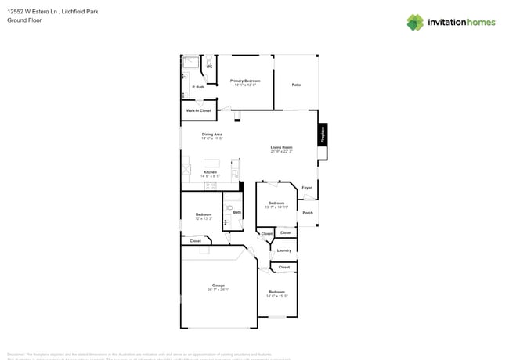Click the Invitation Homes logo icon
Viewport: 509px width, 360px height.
click(415, 22)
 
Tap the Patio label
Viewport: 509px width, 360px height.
click(296, 85)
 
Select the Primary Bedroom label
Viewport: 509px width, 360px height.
click(245, 81)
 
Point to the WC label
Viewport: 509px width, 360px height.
click(209, 67)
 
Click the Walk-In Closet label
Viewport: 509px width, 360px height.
click(198, 110)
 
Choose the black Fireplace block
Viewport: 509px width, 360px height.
click(322, 135)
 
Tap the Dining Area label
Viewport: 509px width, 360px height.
click(212, 135)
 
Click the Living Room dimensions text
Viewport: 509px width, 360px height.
click(281, 152)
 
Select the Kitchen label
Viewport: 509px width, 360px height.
click(210, 171)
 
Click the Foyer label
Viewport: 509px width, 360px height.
click(307, 188)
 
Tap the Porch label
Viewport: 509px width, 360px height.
click(308, 212)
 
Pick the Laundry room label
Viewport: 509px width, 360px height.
click(283, 250)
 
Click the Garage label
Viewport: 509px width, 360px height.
click(218, 285)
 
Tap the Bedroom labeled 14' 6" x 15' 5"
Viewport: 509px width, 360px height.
click(276, 292)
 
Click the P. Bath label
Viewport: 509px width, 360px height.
click(199, 87)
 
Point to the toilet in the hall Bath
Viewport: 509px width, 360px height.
click(227, 212)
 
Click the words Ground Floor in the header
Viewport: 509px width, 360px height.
click(21, 21)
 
